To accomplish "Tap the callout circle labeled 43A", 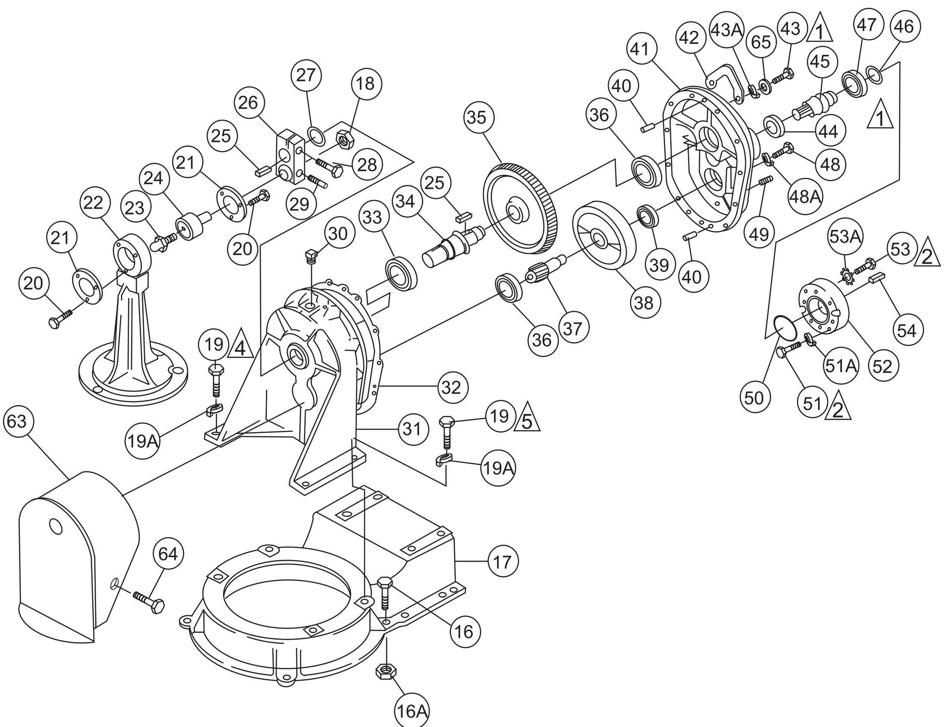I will tap(727, 30).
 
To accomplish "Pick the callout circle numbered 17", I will tap(502, 562).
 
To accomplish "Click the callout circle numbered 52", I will tap(882, 366).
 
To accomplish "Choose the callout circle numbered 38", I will tap(645, 303).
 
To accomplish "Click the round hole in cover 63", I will tap(57, 526).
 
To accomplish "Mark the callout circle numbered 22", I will tap(93, 203).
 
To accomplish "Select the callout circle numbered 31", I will tap(412, 429).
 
